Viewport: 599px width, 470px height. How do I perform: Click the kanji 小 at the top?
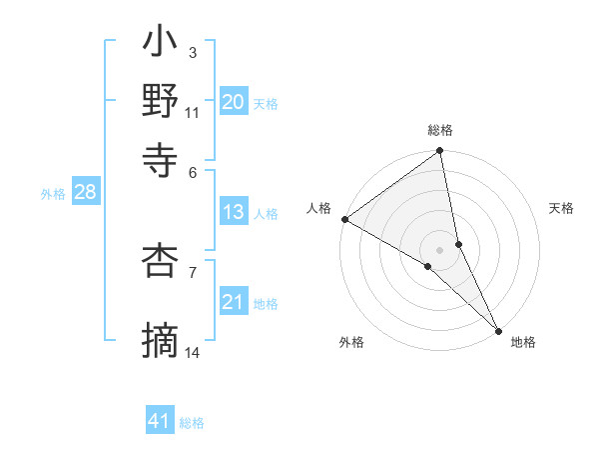click(x=161, y=45)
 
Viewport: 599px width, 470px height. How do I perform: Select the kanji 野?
click(x=161, y=101)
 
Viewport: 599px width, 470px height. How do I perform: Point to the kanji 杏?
click(x=161, y=261)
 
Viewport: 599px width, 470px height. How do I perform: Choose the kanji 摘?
click(x=161, y=340)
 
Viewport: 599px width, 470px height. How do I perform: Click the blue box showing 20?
click(x=233, y=102)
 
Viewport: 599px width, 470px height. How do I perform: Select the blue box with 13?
click(x=233, y=212)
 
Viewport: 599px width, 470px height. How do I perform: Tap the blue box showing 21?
click(x=233, y=302)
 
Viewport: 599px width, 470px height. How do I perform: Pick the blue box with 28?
click(x=85, y=193)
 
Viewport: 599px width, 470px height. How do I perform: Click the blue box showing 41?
click(x=160, y=421)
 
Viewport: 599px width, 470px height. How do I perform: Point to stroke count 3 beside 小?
click(x=192, y=52)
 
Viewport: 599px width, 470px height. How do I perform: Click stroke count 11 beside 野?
click(x=193, y=112)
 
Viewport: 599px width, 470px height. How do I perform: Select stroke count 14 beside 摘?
click(x=193, y=352)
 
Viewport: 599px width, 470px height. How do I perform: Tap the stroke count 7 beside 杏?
click(x=192, y=270)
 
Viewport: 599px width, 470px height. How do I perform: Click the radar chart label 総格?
click(x=440, y=130)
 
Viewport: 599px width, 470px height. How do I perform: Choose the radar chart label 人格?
click(x=318, y=207)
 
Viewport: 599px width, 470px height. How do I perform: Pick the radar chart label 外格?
click(x=351, y=343)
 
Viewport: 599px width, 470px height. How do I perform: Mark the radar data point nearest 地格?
click(x=498, y=329)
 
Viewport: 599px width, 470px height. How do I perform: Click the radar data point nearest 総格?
click(x=440, y=152)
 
